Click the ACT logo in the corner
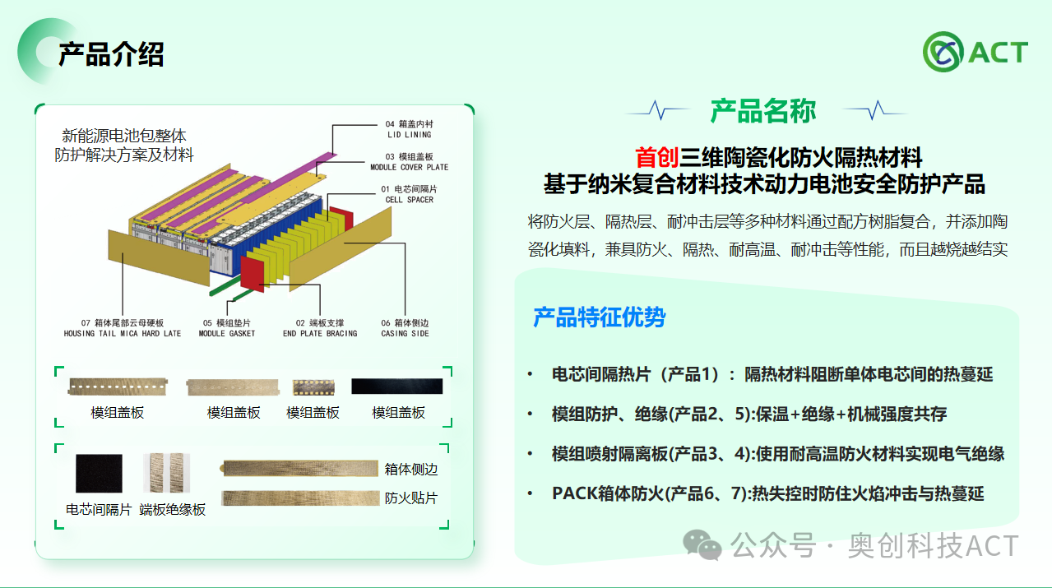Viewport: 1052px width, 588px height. click(x=975, y=52)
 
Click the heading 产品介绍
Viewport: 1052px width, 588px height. click(x=111, y=54)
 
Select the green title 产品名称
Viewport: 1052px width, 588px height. click(x=763, y=110)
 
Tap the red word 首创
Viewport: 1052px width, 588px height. click(x=656, y=157)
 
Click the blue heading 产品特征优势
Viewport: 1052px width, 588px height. click(x=599, y=317)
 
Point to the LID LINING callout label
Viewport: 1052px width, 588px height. click(x=409, y=129)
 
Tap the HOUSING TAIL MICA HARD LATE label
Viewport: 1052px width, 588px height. click(x=123, y=328)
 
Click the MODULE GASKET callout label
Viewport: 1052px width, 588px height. click(x=227, y=328)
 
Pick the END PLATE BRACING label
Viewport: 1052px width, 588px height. click(x=320, y=328)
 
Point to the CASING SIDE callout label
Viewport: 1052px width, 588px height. click(x=406, y=328)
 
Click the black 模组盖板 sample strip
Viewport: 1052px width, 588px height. click(x=396, y=387)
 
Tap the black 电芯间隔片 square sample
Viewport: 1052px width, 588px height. click(x=99, y=474)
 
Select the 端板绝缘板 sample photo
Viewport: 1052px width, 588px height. click(x=166, y=474)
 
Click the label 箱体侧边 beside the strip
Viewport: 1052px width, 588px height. click(x=410, y=470)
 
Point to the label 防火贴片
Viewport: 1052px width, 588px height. click(x=410, y=498)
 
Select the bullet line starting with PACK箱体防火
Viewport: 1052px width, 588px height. click(x=767, y=493)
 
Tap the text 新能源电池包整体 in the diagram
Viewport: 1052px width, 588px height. click(x=124, y=136)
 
